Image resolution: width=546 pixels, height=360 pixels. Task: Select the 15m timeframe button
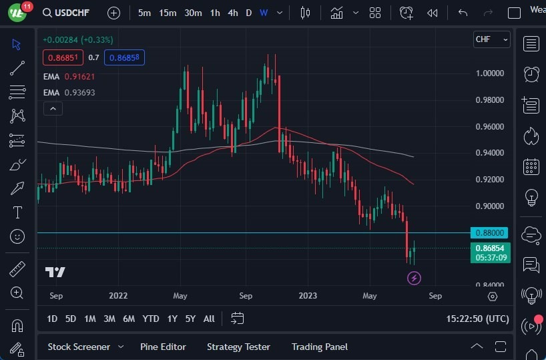(x=168, y=13)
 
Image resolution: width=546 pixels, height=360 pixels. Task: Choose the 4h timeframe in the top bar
(x=232, y=13)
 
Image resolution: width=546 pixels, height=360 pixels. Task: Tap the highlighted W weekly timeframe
(x=264, y=13)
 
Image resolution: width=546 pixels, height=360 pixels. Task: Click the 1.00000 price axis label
(x=489, y=73)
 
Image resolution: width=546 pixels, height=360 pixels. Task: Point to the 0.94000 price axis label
(x=489, y=153)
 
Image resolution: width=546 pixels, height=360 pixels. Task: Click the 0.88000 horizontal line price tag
(x=489, y=233)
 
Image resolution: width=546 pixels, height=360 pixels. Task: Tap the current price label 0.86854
(x=490, y=248)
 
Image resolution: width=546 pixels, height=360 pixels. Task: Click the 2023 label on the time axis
(x=308, y=295)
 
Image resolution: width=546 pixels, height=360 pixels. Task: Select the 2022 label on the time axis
(x=117, y=295)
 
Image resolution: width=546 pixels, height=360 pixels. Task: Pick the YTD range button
(x=151, y=319)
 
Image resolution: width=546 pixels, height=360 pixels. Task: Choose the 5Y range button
(x=190, y=319)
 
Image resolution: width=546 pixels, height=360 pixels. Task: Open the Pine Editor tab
(x=163, y=347)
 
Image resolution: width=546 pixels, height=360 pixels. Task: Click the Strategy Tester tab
(x=238, y=347)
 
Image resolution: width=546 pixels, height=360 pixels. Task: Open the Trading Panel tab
(x=320, y=347)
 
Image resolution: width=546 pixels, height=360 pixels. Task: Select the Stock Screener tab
(x=79, y=347)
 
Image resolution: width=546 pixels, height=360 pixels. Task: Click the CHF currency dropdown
(x=491, y=39)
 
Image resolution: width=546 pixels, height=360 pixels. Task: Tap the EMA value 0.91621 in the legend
(x=79, y=77)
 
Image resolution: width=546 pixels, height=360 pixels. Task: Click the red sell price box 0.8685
(x=64, y=58)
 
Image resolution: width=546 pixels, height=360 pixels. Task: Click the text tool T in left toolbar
(x=17, y=212)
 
